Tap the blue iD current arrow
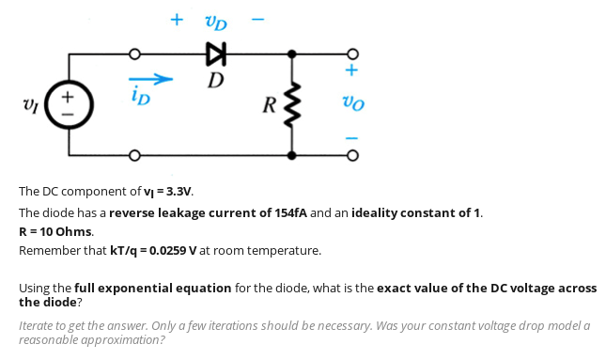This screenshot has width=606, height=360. [150, 78]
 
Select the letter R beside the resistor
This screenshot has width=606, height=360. [272, 103]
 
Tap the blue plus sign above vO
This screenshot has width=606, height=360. [352, 70]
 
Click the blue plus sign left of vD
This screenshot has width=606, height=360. [176, 18]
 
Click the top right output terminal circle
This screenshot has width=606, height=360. [352, 53]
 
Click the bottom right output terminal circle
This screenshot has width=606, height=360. [352, 155]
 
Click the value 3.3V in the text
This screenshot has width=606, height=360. [178, 192]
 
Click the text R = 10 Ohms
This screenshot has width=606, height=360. [56, 231]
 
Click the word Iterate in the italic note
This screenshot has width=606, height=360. [39, 324]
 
